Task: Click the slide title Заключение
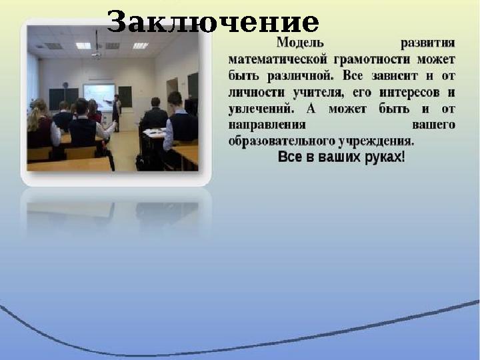(213, 23)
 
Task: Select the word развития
(428, 43)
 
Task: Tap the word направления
(267, 125)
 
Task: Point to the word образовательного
(283, 141)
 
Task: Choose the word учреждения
(377, 141)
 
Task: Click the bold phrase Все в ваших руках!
(341, 158)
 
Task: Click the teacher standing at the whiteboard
(116, 111)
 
